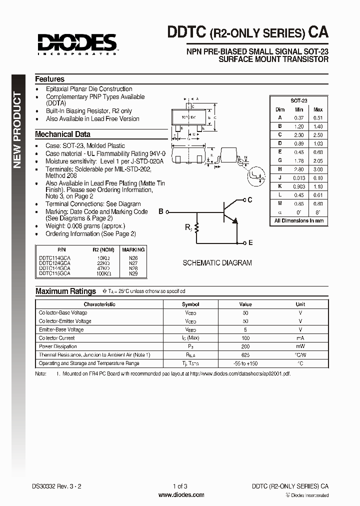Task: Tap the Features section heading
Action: click(x=49, y=79)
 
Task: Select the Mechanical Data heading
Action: click(x=62, y=134)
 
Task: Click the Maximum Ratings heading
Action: click(x=65, y=291)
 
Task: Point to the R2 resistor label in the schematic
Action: click(x=188, y=227)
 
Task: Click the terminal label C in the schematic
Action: click(x=250, y=199)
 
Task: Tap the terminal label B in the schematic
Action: click(x=161, y=211)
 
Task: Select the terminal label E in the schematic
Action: click(x=250, y=242)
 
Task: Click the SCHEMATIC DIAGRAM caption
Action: click(x=217, y=263)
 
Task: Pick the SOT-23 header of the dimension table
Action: click(x=299, y=100)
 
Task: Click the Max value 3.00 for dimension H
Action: click(x=318, y=169)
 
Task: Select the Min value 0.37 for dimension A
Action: click(x=299, y=117)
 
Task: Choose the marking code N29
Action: click(x=133, y=273)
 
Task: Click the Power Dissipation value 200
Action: click(x=245, y=346)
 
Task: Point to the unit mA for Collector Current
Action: click(x=300, y=338)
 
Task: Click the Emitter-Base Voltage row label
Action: click(x=61, y=329)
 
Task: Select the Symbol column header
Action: click(x=190, y=304)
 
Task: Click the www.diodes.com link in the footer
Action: click(x=181, y=495)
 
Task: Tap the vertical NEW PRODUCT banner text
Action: click(x=17, y=130)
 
